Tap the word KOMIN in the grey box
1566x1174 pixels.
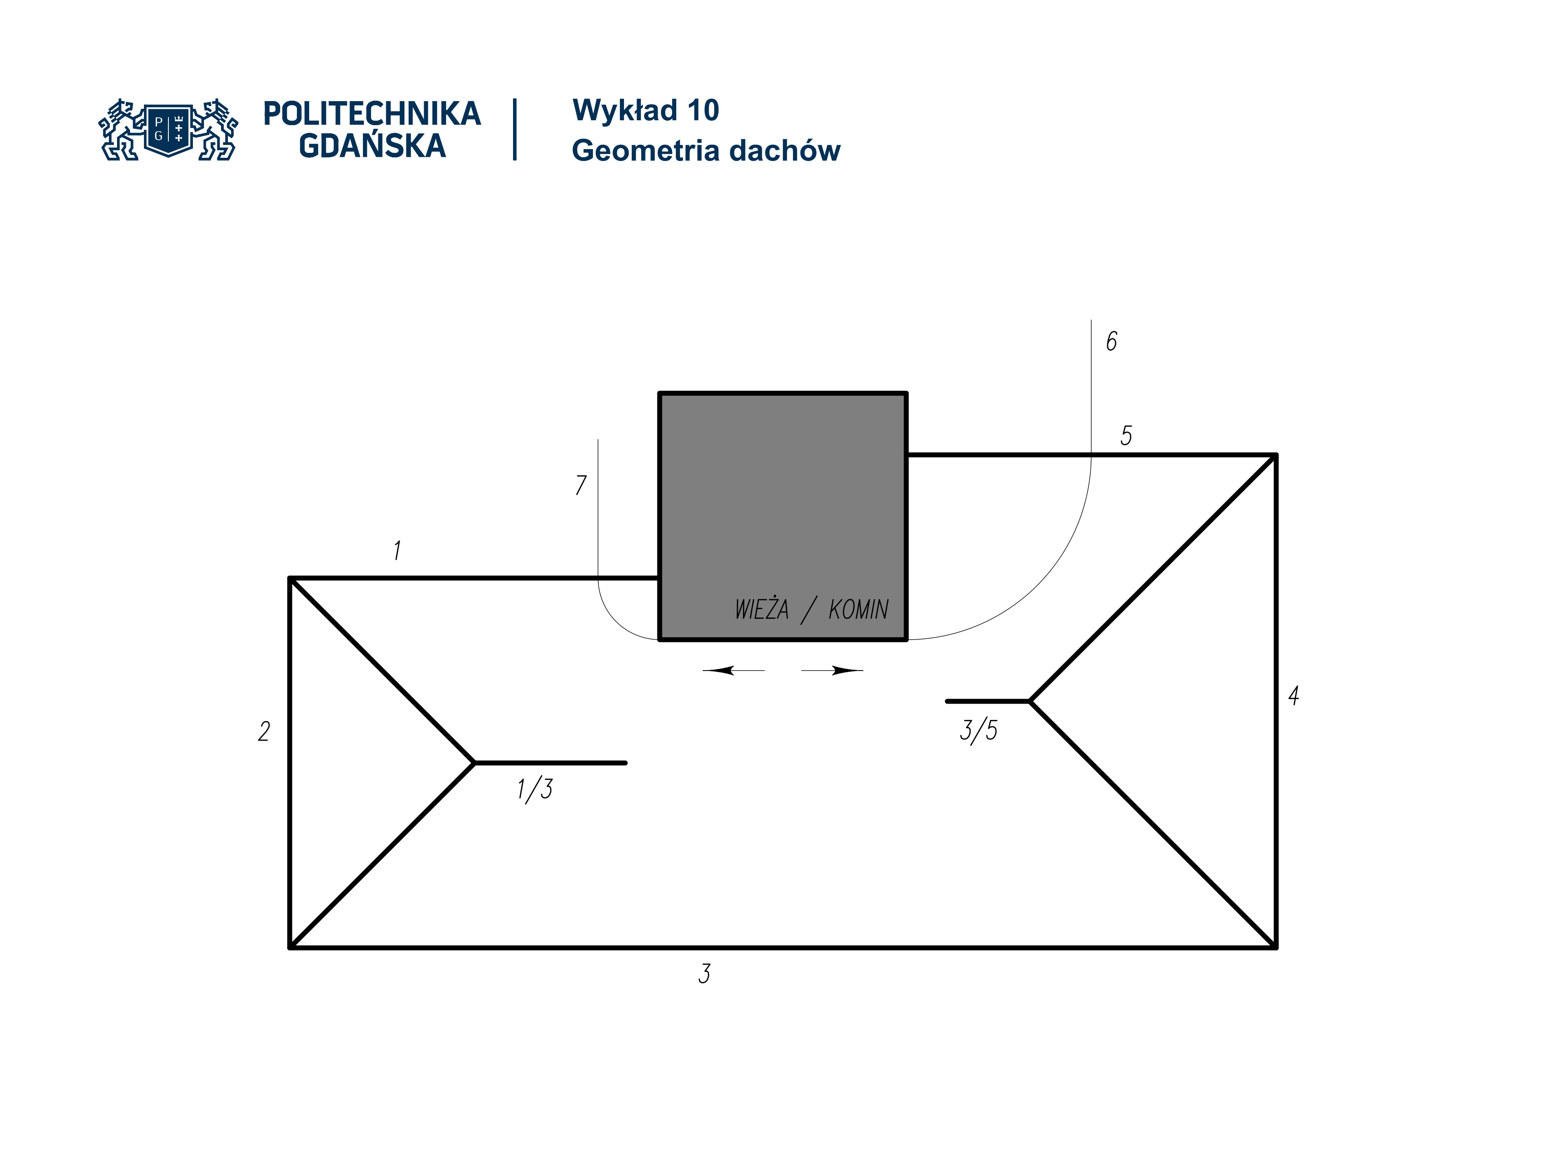point(858,609)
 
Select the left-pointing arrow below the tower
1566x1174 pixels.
point(733,670)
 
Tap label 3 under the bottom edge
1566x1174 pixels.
point(704,974)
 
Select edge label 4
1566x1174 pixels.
point(1294,695)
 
